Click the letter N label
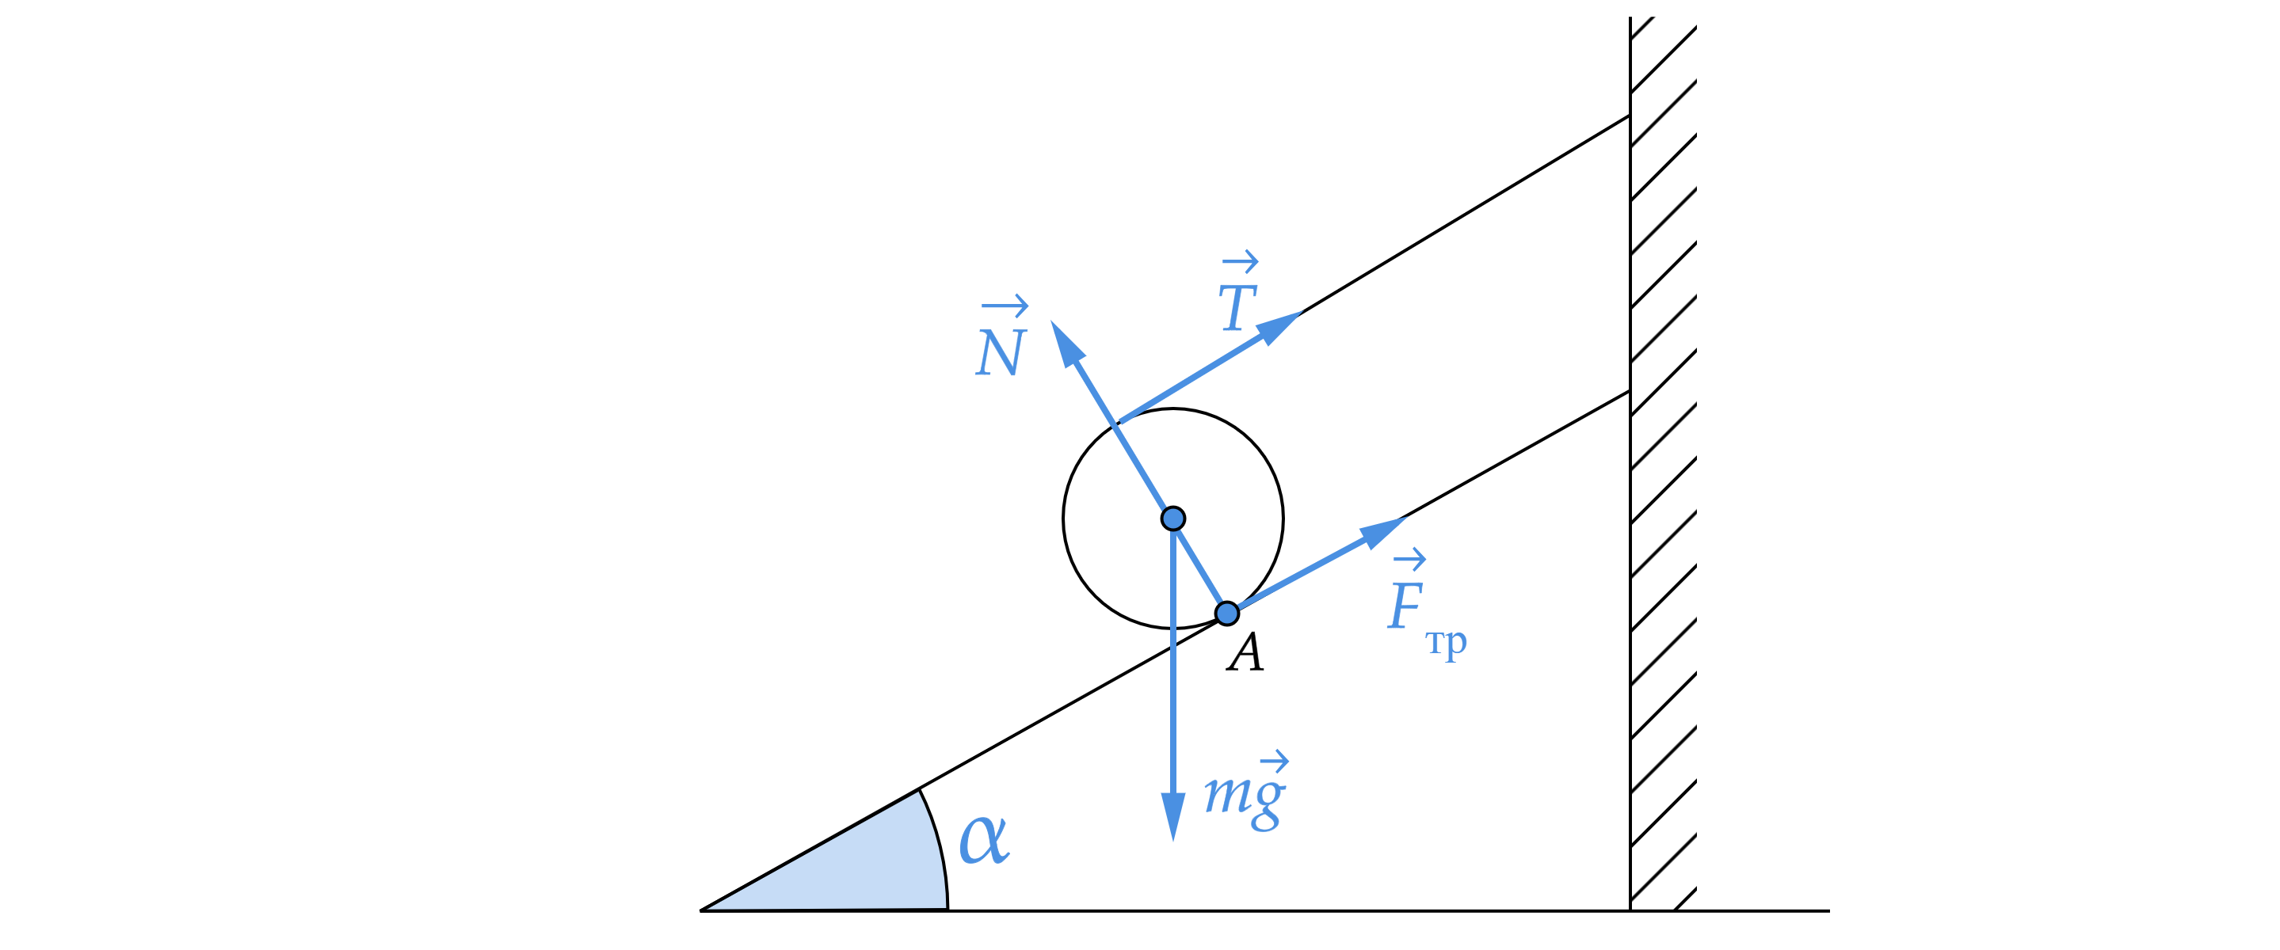pos(1000,353)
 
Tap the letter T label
pos(1237,307)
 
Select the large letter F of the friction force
pos(1405,606)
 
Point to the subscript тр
pos(1447,642)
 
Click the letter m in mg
pos(1226,793)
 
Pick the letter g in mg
pos(1268,801)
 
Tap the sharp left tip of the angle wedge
pos(713,906)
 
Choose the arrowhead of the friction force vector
pos(1382,530)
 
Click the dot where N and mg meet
pos(1172,519)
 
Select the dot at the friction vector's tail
pos(1226,613)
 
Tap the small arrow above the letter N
pos(1005,307)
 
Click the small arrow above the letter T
pos(1240,261)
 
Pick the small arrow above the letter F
pos(1409,559)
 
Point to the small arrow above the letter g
pos(1274,761)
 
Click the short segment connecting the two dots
pos(1200,567)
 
